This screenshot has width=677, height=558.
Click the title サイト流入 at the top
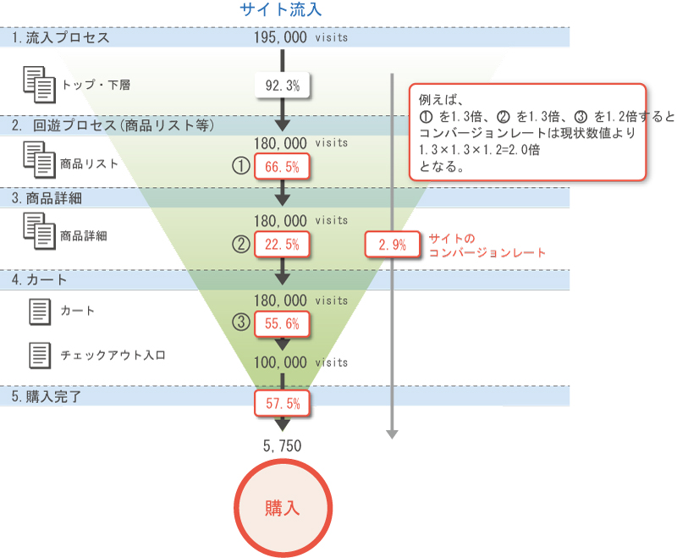pos(280,10)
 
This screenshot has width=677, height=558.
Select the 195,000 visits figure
pos(300,38)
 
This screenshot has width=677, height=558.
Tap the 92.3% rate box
pos(282,86)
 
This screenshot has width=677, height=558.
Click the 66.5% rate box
pos(283,166)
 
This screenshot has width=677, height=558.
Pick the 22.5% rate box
pos(283,245)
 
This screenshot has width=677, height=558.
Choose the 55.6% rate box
pos(283,323)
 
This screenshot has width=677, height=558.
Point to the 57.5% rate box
pos(283,403)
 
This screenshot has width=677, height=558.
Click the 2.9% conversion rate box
pos(392,245)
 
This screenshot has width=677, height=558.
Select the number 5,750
pos(283,445)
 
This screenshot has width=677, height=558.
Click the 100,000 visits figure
pos(300,362)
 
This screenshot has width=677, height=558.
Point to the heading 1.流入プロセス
pos(61,38)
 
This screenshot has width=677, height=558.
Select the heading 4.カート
pos(40,279)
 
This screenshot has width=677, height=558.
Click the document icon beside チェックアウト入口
pos(39,355)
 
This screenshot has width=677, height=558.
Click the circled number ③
pos(241,323)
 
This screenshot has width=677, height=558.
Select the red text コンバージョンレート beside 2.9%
pos(487,252)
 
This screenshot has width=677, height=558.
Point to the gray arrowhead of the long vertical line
pos(392,434)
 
